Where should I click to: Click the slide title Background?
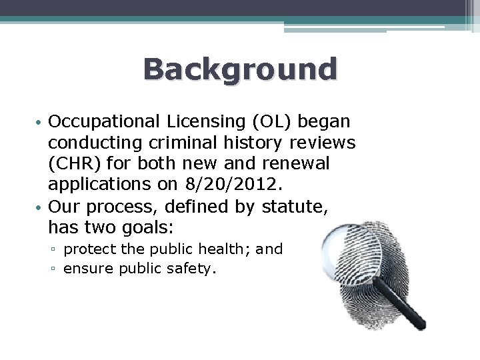tap(240, 69)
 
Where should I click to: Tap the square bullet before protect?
tap(56, 250)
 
